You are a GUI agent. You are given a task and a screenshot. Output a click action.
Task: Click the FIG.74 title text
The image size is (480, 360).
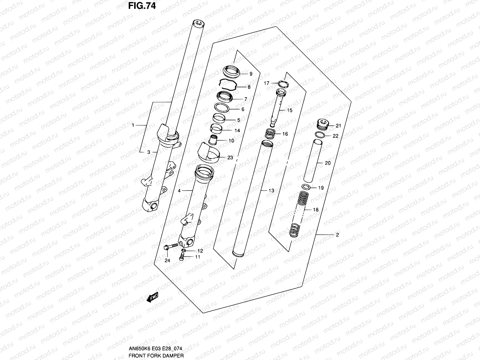pyautogui.click(x=142, y=6)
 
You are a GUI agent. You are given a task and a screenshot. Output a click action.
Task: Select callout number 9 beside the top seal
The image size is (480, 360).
pyautogui.click(x=251, y=74)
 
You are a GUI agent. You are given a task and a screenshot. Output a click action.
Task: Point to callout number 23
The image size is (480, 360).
pyautogui.click(x=230, y=157)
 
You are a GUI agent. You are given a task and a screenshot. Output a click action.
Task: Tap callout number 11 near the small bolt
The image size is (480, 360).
pyautogui.click(x=197, y=257)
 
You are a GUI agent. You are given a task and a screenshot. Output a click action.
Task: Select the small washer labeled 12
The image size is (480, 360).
pyautogui.click(x=184, y=250)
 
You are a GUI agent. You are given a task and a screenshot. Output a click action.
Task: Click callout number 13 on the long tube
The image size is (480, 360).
pyautogui.click(x=271, y=190)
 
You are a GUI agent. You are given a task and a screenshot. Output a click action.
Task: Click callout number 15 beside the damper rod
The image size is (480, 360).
pyautogui.click(x=289, y=110)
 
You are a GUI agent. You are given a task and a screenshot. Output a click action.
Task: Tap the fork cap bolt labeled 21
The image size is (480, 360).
pyautogui.click(x=323, y=123)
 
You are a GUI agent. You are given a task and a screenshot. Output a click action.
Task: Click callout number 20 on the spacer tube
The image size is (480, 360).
pyautogui.click(x=328, y=163)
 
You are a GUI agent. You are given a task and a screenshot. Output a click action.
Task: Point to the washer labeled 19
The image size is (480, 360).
pyautogui.click(x=306, y=187)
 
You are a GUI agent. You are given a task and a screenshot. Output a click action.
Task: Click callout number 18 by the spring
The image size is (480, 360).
pyautogui.click(x=316, y=210)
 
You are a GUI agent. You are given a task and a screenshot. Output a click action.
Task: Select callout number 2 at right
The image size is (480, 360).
pyautogui.click(x=337, y=235)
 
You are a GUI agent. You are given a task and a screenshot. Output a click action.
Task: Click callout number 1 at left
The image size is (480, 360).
pyautogui.click(x=133, y=125)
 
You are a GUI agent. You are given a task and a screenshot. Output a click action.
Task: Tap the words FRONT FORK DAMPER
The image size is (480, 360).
pyautogui.click(x=156, y=355)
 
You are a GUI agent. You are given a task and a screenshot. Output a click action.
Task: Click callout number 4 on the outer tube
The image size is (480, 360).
pyautogui.click(x=179, y=190)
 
